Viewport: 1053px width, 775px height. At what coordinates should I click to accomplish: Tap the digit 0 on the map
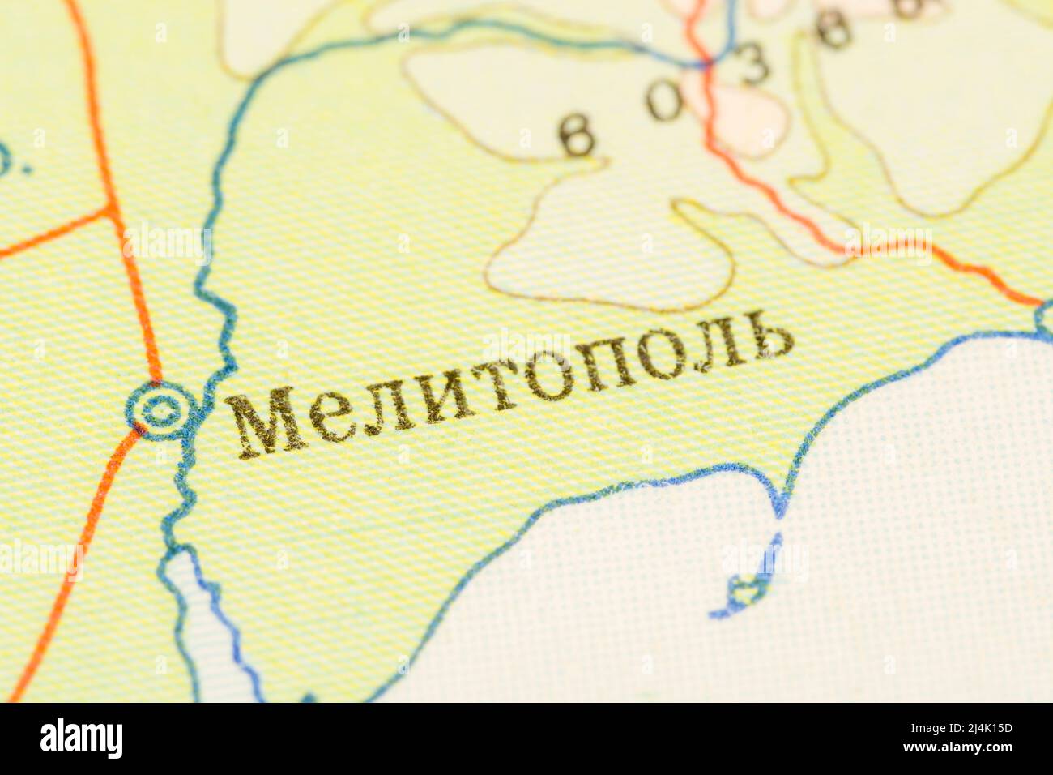tap(665, 102)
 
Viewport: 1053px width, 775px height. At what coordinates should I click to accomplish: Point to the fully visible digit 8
tap(833, 31)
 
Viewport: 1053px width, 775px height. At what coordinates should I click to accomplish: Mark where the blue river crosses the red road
tap(706, 63)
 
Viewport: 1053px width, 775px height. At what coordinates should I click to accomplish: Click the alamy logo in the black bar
tap(81, 739)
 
